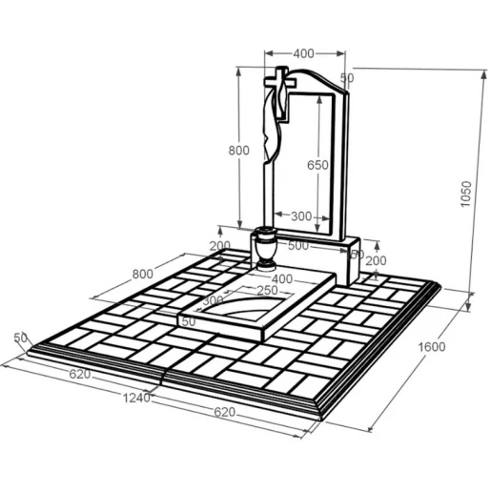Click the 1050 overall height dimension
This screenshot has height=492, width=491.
465,194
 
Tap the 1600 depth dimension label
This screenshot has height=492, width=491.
431,346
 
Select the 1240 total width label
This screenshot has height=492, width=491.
136,398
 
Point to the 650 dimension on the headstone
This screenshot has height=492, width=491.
317,165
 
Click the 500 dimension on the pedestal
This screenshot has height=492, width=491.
298,245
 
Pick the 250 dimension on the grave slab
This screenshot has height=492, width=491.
267,290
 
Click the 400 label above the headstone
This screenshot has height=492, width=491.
303,53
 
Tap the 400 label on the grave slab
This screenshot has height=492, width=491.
282,278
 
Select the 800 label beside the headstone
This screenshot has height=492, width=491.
238,151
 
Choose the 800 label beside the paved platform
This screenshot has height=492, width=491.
142,274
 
